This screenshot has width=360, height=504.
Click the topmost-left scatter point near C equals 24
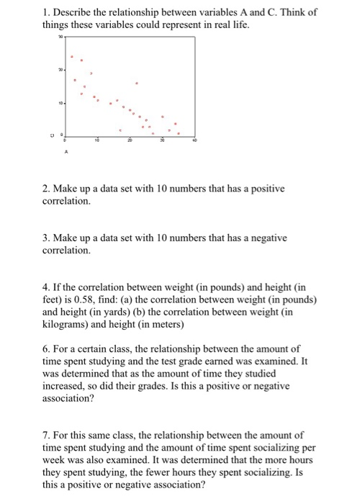pyautogui.click(x=71, y=56)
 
